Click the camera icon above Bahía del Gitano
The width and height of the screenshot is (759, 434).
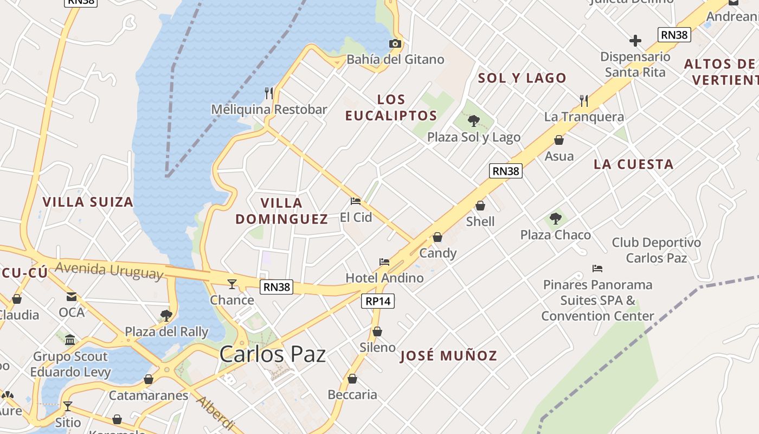coord(395,44)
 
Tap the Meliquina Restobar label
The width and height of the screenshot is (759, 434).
coord(269,109)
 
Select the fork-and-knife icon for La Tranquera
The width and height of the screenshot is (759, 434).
coord(584,100)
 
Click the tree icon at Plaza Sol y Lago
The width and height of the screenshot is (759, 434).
coord(474,120)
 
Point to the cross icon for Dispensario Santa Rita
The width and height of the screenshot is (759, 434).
coord(635,41)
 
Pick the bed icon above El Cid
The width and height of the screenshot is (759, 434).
coord(356,201)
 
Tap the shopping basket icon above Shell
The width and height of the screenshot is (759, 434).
coord(480,206)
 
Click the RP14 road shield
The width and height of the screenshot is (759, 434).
coord(378,301)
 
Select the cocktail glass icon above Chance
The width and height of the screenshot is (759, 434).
coord(232,284)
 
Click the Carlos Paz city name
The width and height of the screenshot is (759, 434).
coord(273,354)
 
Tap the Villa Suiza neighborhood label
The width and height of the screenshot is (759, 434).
coord(88,202)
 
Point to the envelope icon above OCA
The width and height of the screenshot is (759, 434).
coord(72,296)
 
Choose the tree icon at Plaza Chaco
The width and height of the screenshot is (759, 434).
coord(555,219)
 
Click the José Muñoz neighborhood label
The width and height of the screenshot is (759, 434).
coord(448,356)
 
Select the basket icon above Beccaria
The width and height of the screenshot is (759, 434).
coord(352,379)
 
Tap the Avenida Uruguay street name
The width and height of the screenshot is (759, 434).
coord(108,270)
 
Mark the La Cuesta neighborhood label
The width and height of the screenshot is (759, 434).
coord(633,164)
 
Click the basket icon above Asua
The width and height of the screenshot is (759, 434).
coord(559,140)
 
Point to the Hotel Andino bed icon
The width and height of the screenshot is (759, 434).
coord(384,262)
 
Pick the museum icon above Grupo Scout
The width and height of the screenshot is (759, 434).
coord(70,340)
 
